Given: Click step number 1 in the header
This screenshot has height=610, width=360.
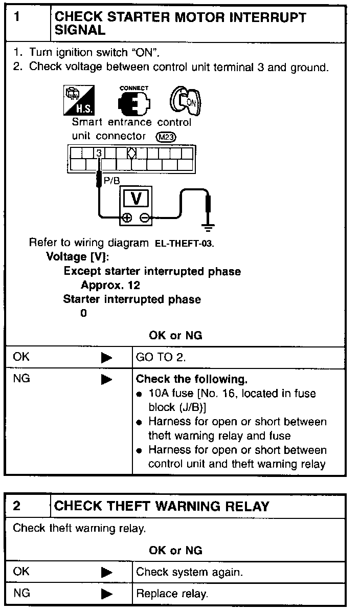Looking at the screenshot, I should [x=17, y=17].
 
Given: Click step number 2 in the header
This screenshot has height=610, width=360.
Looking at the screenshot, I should [x=17, y=507].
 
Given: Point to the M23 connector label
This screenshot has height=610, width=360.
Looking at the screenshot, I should [x=166, y=137].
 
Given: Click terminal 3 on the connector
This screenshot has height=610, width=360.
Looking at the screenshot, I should [x=99, y=152].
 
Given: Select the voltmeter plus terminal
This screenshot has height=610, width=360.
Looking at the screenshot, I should [x=126, y=219].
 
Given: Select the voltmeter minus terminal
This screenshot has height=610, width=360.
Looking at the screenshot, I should [x=145, y=219].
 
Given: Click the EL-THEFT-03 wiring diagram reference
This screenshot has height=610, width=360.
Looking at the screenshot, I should [x=184, y=244].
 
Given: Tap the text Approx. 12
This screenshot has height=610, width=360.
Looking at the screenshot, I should [x=110, y=285].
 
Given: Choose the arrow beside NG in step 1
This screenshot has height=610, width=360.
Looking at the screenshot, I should [x=106, y=380].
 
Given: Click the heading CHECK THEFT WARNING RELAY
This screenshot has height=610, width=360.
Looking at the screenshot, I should [x=162, y=507].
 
